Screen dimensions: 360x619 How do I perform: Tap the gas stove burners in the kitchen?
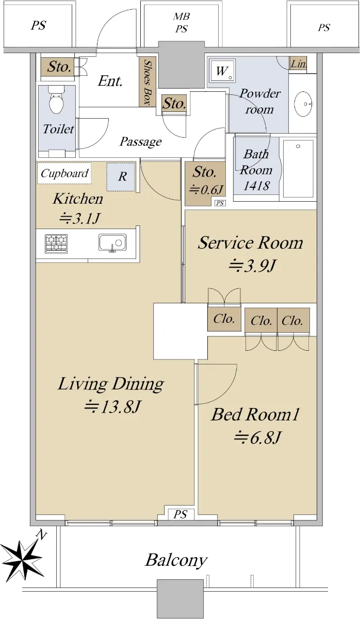click(56, 243)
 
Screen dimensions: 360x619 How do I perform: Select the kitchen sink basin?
click(112, 243)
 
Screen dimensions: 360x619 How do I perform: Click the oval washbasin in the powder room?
click(303, 104)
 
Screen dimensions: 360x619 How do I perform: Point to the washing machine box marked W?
click(222, 71)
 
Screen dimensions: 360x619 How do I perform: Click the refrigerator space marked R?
click(121, 176)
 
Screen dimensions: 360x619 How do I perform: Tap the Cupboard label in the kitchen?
click(64, 173)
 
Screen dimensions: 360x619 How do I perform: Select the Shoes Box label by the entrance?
click(148, 83)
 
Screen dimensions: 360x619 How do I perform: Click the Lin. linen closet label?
click(299, 64)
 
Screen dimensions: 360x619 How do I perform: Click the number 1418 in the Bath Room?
click(256, 186)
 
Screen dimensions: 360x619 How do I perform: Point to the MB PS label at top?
click(182, 22)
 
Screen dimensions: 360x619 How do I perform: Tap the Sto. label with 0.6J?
click(205, 180)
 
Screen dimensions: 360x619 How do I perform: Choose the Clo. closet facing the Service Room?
click(224, 319)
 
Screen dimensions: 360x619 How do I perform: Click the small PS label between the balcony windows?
click(181, 514)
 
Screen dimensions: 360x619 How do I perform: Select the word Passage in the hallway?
click(141, 142)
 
